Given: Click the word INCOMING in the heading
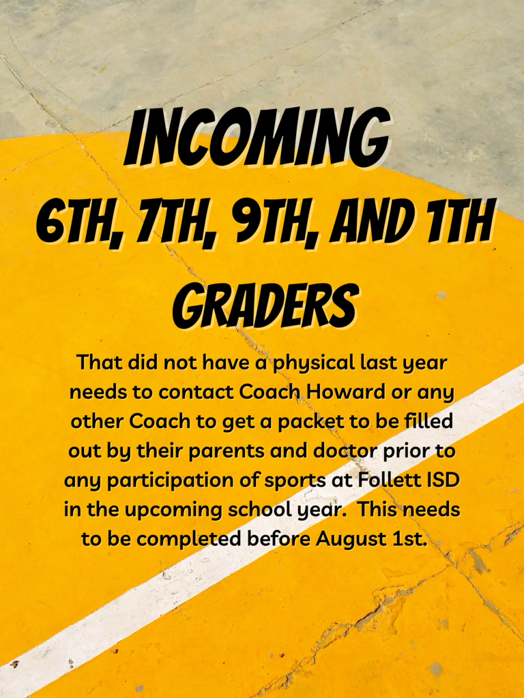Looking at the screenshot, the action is click(x=257, y=138).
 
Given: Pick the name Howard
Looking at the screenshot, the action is click(x=345, y=392).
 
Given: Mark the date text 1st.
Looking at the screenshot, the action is click(x=409, y=539).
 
